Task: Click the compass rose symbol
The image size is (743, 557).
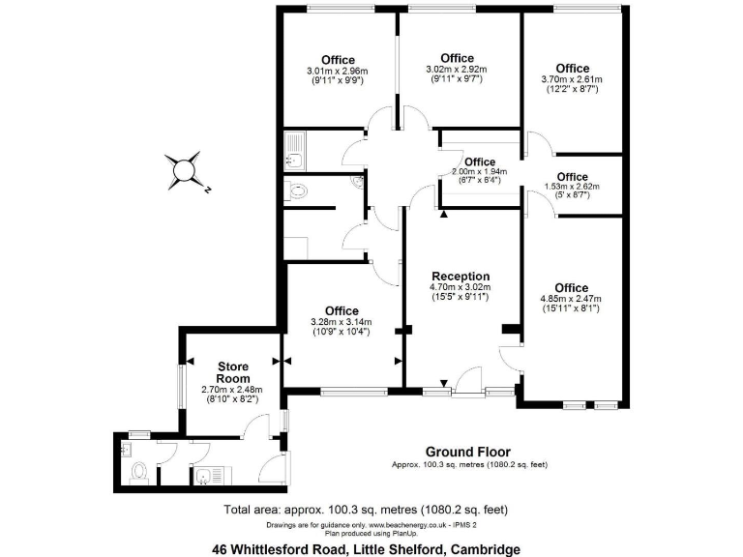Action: pyautogui.click(x=185, y=170)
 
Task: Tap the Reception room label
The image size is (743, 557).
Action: pyautogui.click(x=461, y=276)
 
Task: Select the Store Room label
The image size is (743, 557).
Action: pyautogui.click(x=232, y=372)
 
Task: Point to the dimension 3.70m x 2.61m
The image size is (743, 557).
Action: pyautogui.click(x=573, y=79)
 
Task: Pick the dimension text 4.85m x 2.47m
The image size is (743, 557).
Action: pyautogui.click(x=572, y=299)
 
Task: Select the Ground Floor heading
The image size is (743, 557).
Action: pyautogui.click(x=468, y=452)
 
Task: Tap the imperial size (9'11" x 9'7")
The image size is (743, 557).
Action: pyautogui.click(x=457, y=79)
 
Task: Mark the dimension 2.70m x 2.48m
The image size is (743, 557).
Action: pyautogui.click(x=232, y=390)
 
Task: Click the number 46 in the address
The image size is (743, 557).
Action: pyautogui.click(x=222, y=548)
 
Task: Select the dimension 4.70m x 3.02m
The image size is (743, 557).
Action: pyautogui.click(x=461, y=287)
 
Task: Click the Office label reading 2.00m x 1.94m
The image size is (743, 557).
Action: pyautogui.click(x=479, y=161)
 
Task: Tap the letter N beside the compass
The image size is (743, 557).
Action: pyautogui.click(x=207, y=190)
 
